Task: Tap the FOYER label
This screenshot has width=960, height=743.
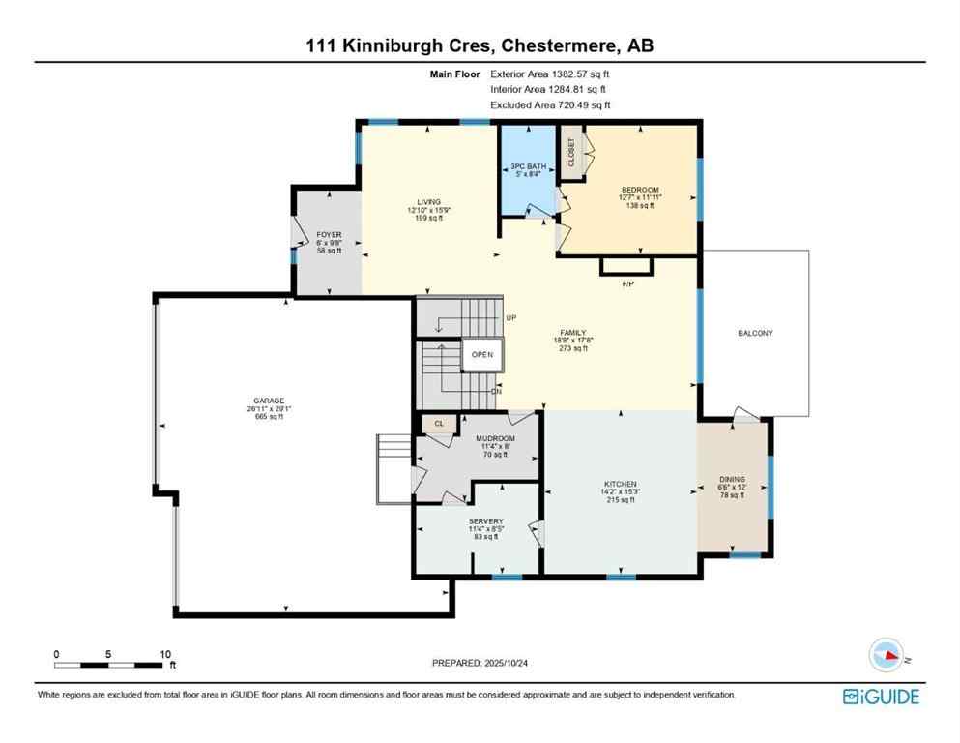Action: (x=329, y=235)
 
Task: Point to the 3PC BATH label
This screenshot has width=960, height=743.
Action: (x=528, y=167)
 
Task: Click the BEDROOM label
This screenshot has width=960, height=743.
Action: (x=640, y=190)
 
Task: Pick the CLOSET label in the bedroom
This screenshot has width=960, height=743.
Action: (x=571, y=152)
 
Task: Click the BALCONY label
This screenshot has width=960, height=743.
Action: (x=755, y=333)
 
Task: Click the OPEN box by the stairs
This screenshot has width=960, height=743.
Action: (x=482, y=354)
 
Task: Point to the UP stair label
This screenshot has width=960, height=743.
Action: (x=511, y=318)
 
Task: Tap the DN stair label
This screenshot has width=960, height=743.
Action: (x=496, y=391)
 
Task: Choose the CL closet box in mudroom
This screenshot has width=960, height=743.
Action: (x=438, y=423)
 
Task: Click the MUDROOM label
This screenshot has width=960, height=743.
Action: (x=495, y=438)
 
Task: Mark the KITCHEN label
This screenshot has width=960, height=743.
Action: (x=620, y=483)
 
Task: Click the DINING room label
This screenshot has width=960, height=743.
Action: (x=732, y=479)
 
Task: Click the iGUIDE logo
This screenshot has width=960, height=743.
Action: (x=881, y=696)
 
